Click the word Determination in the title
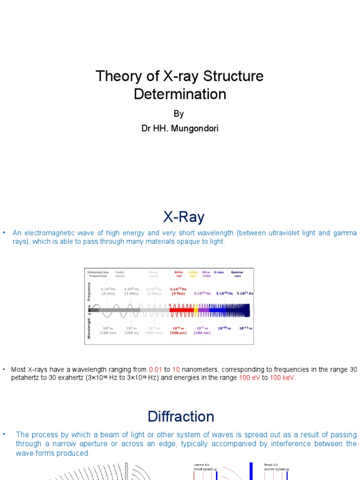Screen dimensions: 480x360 coord(180,94)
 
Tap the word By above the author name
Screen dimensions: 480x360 coord(179,114)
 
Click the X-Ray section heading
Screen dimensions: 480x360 coord(184,217)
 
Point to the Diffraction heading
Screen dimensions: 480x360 coord(181,416)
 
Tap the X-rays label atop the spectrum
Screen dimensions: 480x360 coord(218,271)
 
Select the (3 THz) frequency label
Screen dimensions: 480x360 coord(178,294)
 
